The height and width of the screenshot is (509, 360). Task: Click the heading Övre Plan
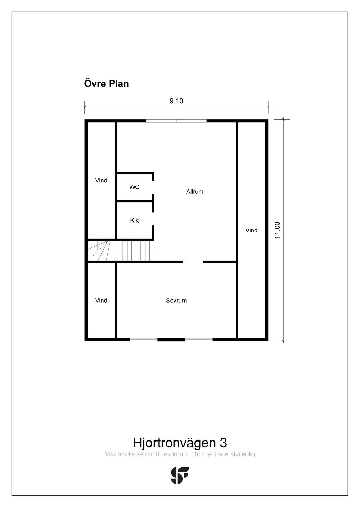107,84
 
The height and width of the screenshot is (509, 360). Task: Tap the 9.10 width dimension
176,101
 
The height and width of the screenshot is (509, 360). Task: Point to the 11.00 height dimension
277,230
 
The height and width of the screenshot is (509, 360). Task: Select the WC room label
134,187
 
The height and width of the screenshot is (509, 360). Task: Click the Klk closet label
134,220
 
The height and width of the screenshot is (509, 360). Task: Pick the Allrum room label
195,192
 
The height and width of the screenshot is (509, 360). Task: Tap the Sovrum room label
176,301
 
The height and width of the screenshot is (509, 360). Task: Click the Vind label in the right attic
251,230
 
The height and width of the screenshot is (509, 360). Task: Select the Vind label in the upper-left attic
101,181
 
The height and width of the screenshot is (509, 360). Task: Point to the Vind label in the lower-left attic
101,301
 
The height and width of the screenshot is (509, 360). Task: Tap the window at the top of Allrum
176,121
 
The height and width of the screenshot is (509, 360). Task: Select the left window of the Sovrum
144,340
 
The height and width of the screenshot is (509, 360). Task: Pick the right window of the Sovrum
199,340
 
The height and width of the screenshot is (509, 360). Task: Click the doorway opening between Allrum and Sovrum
193,262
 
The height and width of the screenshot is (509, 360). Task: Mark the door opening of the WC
153,187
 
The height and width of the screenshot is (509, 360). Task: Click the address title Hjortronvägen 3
180,442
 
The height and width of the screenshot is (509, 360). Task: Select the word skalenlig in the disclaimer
243,454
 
